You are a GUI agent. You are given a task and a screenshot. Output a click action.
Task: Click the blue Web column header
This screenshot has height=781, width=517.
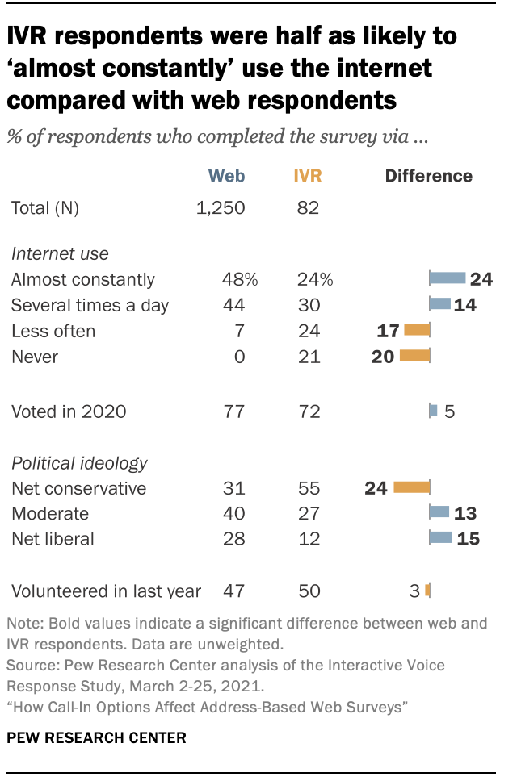click(226, 176)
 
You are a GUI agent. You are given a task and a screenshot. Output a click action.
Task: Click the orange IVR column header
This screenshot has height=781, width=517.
click(307, 176)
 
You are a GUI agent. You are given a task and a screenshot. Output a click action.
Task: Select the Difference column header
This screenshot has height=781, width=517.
click(429, 176)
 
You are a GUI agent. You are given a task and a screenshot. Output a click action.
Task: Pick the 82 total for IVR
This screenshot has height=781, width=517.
click(307, 208)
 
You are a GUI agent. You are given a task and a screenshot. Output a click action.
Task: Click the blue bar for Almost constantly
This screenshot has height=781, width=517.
click(448, 279)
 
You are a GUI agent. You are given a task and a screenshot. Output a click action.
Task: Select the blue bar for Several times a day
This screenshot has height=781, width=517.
click(440, 304)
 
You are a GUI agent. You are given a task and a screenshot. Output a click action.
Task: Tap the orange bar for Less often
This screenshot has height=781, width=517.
click(417, 329)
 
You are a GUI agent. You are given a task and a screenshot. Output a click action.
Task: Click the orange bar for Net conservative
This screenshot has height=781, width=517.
click(412, 487)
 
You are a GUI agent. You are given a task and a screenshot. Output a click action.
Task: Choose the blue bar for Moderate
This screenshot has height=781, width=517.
click(439, 512)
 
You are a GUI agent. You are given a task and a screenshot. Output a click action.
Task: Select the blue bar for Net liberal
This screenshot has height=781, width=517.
click(441, 537)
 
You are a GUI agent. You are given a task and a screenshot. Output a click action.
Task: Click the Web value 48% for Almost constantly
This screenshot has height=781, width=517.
click(240, 279)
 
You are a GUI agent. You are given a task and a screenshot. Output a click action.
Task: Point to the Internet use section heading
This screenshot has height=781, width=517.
click(60, 254)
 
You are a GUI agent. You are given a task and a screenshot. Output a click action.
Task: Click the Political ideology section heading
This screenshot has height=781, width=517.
click(79, 463)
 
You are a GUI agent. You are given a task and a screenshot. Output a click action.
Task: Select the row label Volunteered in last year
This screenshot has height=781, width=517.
click(106, 591)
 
